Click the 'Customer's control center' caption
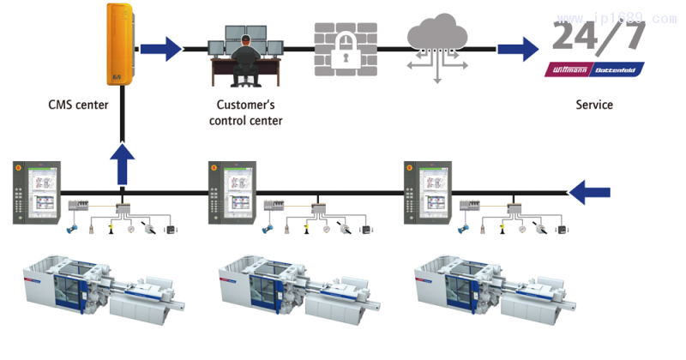pyautogui.click(x=246, y=113)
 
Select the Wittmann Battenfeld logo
pyautogui.click(x=594, y=69)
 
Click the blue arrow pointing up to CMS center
pyautogui.click(x=123, y=163)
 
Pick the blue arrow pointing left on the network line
pyautogui.click(x=595, y=192)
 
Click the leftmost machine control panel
pyautogui.click(x=37, y=193)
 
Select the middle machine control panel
pyautogui.click(x=232, y=193)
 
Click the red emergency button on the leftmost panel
pyautogui.click(x=19, y=168)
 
